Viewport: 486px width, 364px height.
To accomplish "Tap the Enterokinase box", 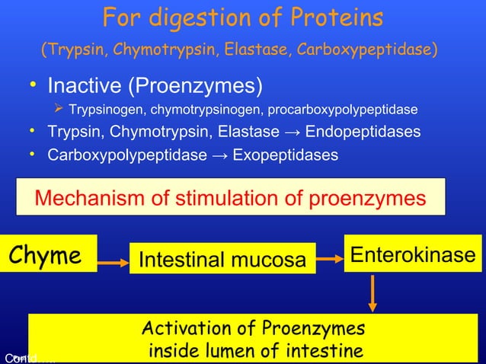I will tap(412, 254).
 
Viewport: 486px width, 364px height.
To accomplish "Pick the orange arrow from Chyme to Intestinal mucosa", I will tap(114, 263).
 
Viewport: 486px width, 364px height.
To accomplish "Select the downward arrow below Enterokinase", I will tap(372, 292).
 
